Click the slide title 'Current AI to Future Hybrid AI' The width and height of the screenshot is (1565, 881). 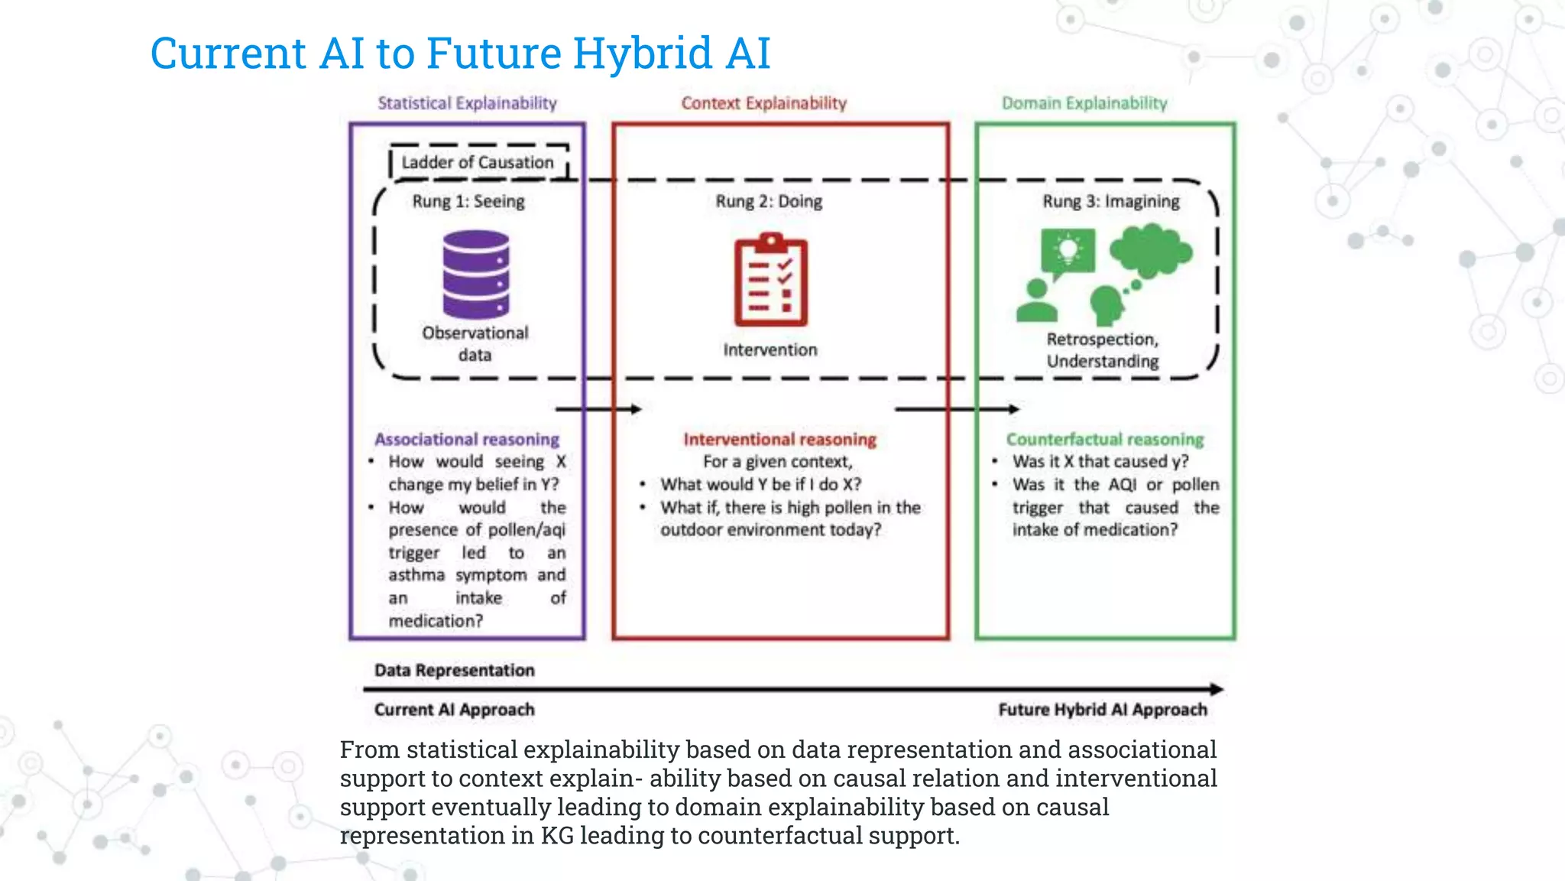(460, 54)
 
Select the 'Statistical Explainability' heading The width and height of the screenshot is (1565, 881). (467, 103)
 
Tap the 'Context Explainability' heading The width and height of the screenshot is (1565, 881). (763, 103)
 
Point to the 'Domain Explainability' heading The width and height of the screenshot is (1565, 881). (1084, 103)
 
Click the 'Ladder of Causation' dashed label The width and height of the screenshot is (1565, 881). (478, 162)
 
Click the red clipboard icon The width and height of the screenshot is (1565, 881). (770, 281)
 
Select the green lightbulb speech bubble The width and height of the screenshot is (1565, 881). (1068, 253)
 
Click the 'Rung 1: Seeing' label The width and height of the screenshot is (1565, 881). (468, 201)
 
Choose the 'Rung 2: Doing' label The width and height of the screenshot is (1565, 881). (769, 201)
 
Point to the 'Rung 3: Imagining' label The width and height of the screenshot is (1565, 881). (1110, 201)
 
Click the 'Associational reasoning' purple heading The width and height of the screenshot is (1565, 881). (467, 439)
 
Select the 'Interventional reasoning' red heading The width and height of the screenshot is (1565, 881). (779, 439)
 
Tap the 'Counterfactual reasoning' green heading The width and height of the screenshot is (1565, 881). (1104, 439)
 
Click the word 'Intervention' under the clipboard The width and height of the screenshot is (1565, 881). (770, 349)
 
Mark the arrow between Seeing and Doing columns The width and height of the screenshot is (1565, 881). (598, 409)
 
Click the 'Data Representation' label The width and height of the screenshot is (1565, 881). (454, 670)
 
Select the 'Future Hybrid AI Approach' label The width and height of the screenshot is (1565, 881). (1102, 710)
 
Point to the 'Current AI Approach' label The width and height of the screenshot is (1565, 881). (454, 710)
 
